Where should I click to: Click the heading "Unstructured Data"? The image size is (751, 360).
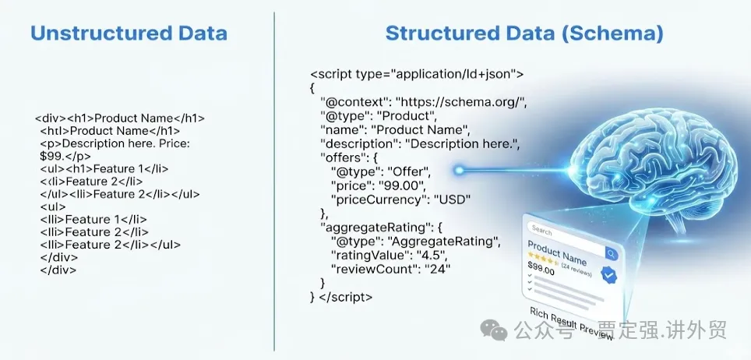(129, 34)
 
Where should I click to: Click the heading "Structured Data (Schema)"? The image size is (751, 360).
(524, 34)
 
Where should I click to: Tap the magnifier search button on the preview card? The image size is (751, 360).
(611, 254)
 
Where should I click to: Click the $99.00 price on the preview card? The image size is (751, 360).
(541, 270)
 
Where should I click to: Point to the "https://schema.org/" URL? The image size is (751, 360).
(461, 101)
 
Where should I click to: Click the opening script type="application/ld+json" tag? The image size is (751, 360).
(416, 74)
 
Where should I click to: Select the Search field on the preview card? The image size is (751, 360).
(561, 231)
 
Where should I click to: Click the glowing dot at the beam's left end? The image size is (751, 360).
(459, 169)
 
